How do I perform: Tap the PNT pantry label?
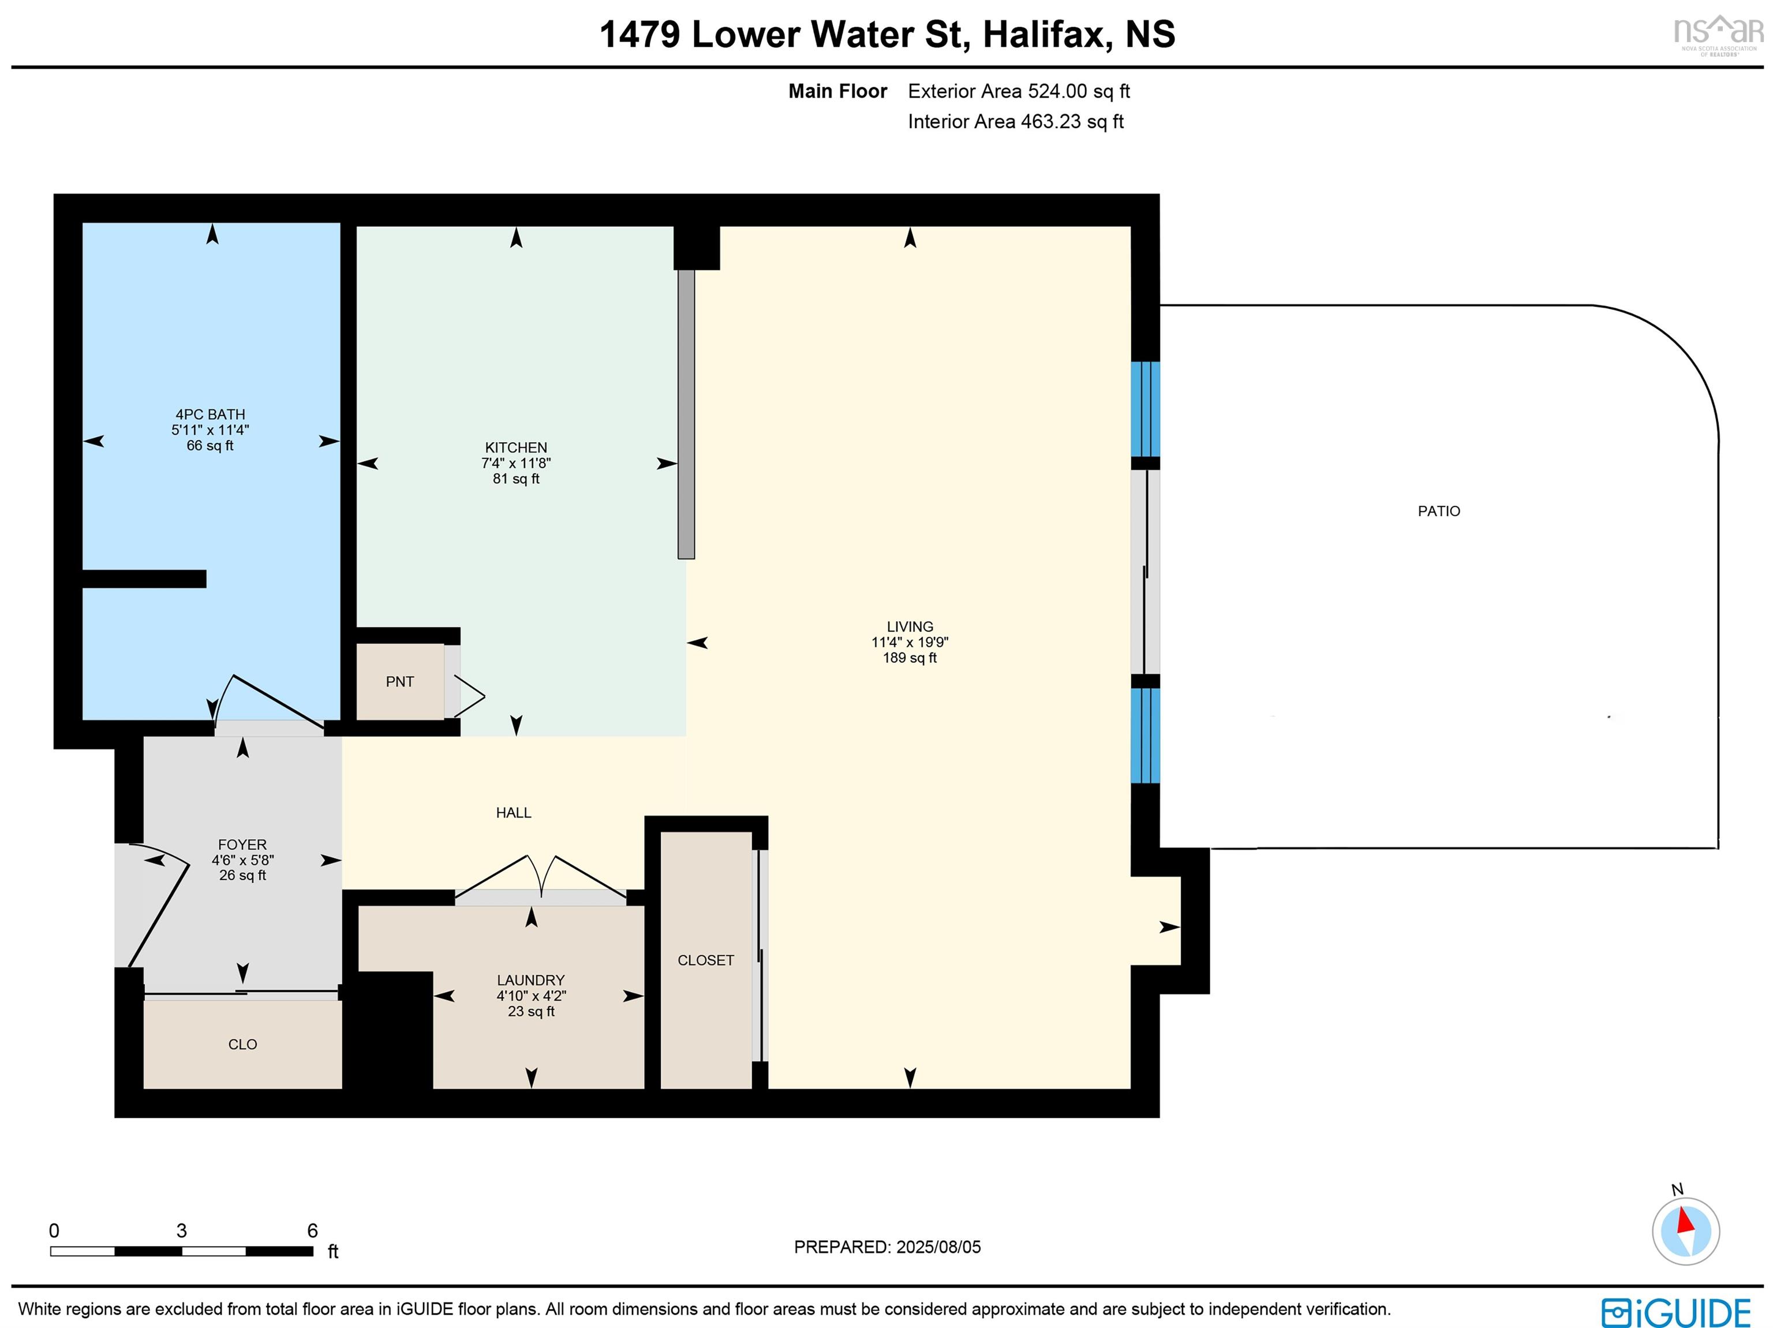pos(399,682)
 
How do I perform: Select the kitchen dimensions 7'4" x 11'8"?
pos(515,462)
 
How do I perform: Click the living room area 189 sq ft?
pos(909,658)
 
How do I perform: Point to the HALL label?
pos(513,812)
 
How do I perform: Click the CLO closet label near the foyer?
pos(242,1044)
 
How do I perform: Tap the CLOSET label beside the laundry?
pos(705,960)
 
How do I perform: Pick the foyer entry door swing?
pos(156,906)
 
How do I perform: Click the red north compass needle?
pos(1686,1221)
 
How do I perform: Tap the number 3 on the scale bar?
pos(181,1230)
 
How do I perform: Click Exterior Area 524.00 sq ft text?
pos(1018,91)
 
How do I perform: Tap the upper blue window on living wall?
pos(1144,409)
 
